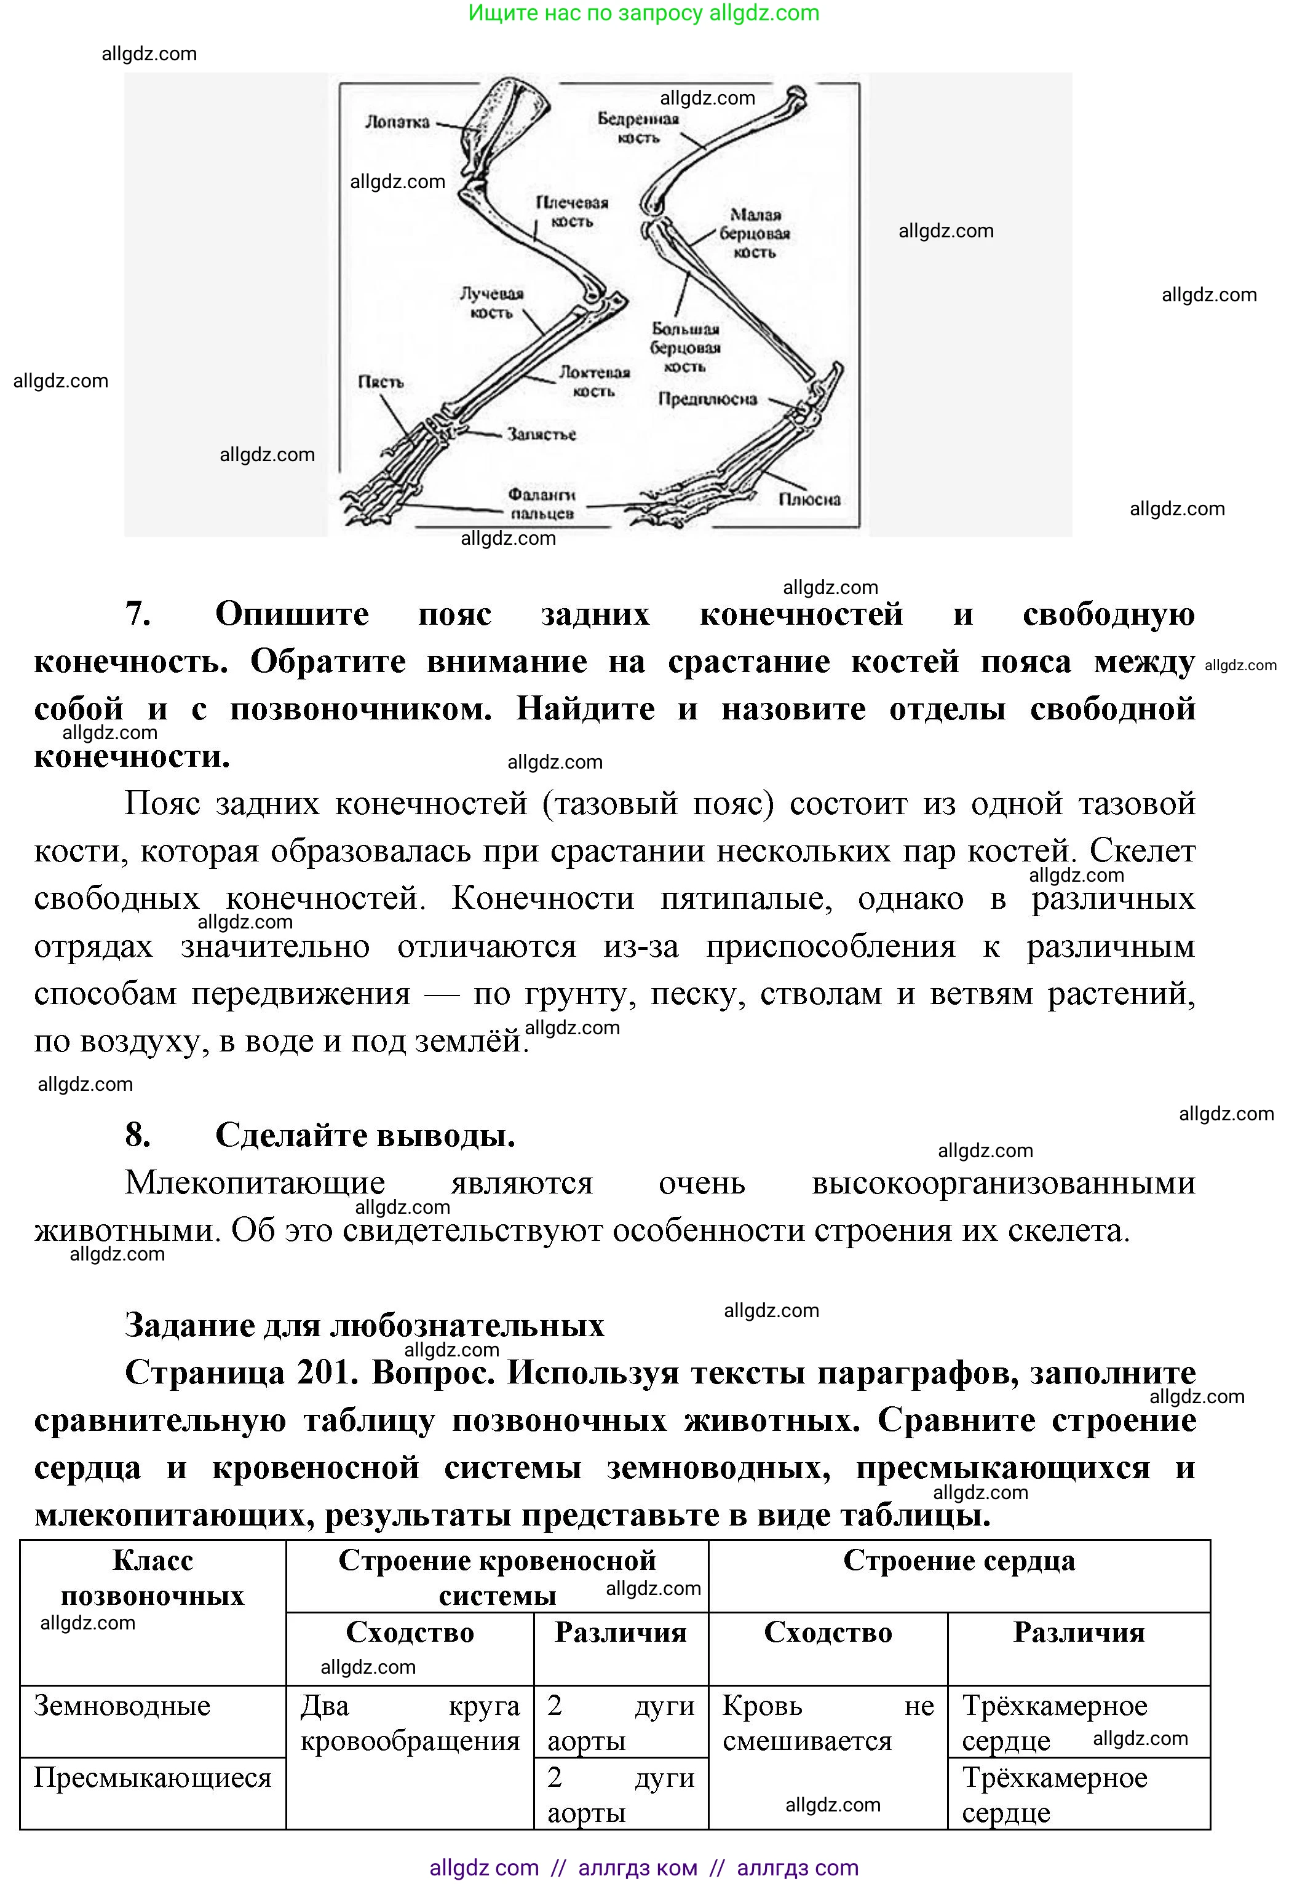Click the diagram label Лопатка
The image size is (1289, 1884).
(397, 122)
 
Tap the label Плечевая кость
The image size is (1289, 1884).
(571, 212)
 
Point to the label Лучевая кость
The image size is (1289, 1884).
(491, 303)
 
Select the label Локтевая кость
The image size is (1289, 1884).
(594, 381)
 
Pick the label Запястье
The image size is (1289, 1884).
(542, 435)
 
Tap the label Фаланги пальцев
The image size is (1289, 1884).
(542, 504)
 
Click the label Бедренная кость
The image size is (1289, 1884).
(638, 128)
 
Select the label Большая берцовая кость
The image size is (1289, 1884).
(685, 348)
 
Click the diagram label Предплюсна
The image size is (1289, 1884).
(707, 399)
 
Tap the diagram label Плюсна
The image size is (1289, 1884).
(809, 499)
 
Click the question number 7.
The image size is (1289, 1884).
(138, 614)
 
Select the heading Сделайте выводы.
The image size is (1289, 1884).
(365, 1136)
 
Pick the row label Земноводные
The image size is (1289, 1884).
(122, 1706)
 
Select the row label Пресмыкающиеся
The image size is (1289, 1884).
(153, 1778)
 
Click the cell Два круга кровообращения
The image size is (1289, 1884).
(410, 1724)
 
